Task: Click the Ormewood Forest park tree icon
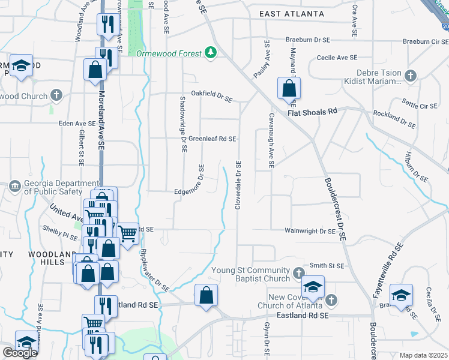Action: [x=210, y=53]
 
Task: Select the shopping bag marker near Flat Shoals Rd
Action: [x=289, y=88]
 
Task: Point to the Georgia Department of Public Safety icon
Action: [x=14, y=187]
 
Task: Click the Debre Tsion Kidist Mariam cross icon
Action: [x=410, y=76]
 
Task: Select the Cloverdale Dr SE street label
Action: [x=238, y=185]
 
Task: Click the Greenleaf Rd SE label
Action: [x=212, y=139]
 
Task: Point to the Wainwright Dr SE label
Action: [x=310, y=231]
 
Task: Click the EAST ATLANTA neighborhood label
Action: [x=292, y=13]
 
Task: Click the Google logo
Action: [x=20, y=352]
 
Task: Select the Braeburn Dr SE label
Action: [x=309, y=40]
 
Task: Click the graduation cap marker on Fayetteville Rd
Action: [x=401, y=295]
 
